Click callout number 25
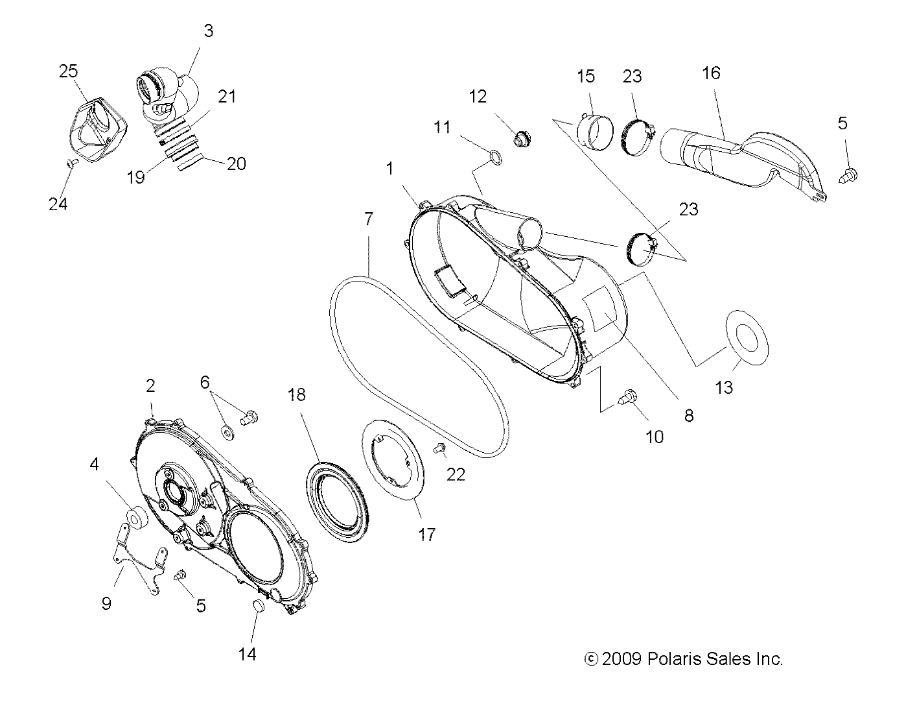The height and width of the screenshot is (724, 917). (68, 71)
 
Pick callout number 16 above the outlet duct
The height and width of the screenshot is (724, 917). (711, 73)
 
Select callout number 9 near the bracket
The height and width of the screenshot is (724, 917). (106, 603)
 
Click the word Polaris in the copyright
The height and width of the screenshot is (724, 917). (673, 659)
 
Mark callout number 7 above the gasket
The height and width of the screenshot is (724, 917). (368, 219)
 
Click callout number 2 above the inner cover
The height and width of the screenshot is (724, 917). (150, 386)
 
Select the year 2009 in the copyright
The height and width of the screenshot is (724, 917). (622, 659)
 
